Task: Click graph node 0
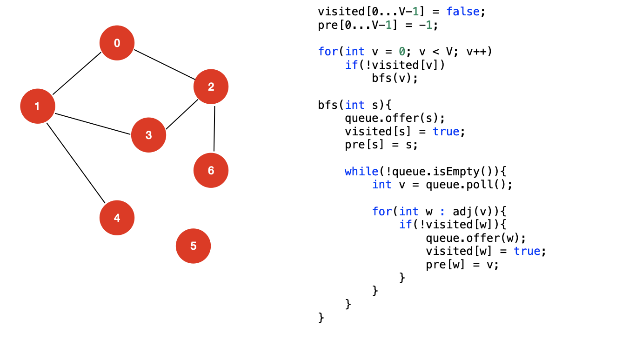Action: [117, 43]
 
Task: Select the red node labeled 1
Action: [38, 106]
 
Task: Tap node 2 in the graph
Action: [211, 87]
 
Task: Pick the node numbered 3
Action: [148, 135]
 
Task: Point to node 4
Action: [117, 218]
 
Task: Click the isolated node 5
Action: [193, 246]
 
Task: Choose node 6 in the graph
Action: [211, 170]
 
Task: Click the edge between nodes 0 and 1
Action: [77, 74]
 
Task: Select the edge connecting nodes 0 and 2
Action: [164, 65]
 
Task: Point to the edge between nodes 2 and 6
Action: [214, 128]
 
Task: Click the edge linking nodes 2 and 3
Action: [182, 114]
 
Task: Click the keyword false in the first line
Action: [463, 12]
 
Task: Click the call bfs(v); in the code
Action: [395, 78]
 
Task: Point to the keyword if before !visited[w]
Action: [405, 225]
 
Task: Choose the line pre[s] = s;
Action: [381, 145]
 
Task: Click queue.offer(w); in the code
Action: [475, 238]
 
